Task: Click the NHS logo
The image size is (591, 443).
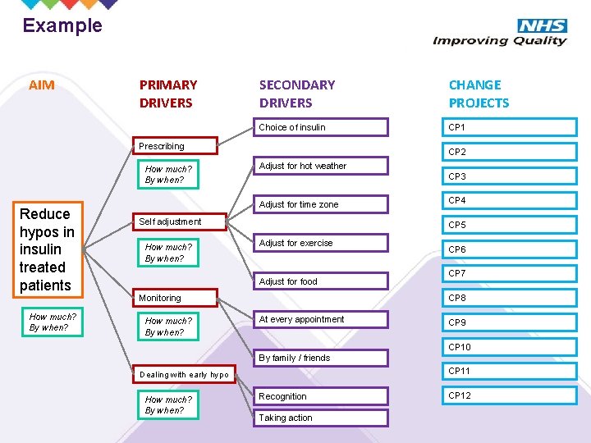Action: pos(541,26)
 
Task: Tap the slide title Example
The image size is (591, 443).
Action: pos(62,25)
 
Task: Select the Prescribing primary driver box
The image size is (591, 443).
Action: pos(175,146)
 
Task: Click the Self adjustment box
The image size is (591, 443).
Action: pos(175,221)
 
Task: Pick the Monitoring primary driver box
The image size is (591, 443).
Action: pos(175,298)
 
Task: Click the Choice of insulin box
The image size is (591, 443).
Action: pos(321,127)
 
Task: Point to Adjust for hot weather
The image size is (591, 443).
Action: pos(321,166)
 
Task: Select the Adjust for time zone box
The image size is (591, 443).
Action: pos(321,204)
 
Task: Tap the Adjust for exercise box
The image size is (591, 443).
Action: pos(321,243)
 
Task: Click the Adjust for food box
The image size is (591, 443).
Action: pos(321,281)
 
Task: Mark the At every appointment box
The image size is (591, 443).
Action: pos(321,319)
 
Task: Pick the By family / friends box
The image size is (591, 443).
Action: pos(321,358)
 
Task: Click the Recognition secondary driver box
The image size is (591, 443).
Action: pos(321,396)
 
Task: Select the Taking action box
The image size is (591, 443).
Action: pos(321,418)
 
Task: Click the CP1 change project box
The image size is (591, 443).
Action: pos(509,127)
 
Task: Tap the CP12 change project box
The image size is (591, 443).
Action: pos(509,396)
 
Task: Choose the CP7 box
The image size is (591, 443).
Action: pos(509,273)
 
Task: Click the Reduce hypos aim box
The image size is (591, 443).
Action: pos(48,249)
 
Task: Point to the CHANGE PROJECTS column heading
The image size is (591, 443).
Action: pos(479,94)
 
